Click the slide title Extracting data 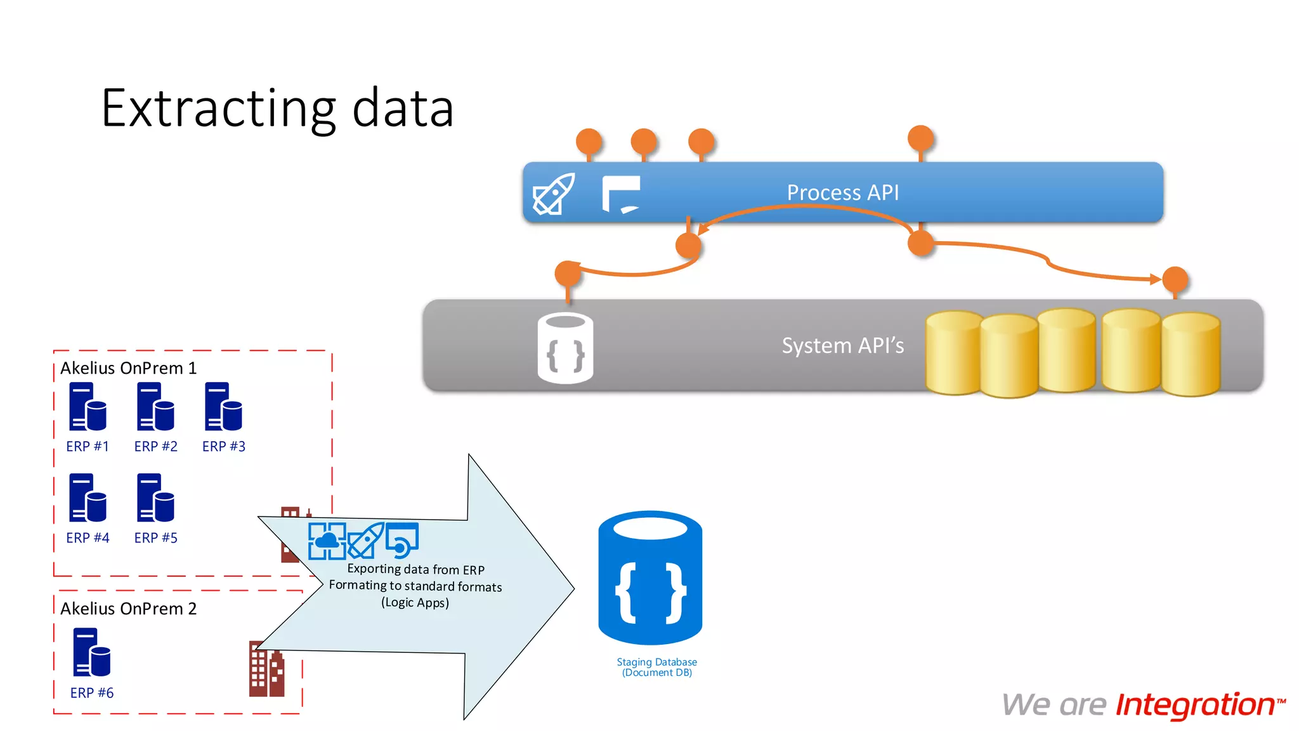(277, 109)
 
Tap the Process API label (842, 192)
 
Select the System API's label (842, 345)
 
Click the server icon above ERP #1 (88, 407)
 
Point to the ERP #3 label (223, 447)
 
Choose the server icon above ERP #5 (155, 498)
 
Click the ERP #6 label (92, 693)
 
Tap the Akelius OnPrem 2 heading (128, 609)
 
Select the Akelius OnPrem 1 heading (128, 368)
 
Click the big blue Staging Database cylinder (650, 578)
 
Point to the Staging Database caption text (656, 667)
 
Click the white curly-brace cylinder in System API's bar (565, 348)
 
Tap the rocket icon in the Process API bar (554, 194)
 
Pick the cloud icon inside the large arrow (327, 541)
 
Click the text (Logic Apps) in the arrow (415, 603)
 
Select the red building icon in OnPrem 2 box (266, 670)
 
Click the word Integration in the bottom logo (1196, 705)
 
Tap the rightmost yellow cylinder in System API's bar (1191, 354)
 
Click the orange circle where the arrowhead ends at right (1175, 279)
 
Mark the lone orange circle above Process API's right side (920, 138)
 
